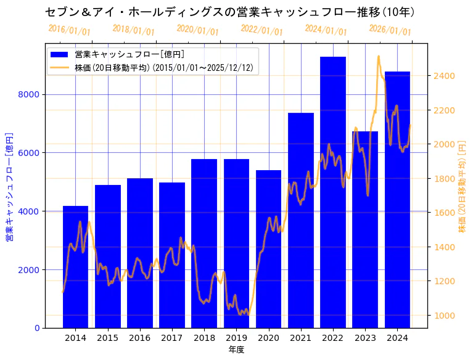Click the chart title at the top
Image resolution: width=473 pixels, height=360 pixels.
point(229,12)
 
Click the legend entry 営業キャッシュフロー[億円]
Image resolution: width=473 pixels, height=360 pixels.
point(129,54)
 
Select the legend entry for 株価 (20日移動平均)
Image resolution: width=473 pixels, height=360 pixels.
point(163,67)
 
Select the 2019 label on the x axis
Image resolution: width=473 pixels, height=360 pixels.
point(236,338)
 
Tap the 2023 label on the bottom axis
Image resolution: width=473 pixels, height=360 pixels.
point(365,338)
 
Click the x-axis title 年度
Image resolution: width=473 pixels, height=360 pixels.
point(236,350)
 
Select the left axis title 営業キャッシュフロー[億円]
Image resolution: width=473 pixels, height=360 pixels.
point(9,186)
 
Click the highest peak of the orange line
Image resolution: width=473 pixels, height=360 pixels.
point(378,56)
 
